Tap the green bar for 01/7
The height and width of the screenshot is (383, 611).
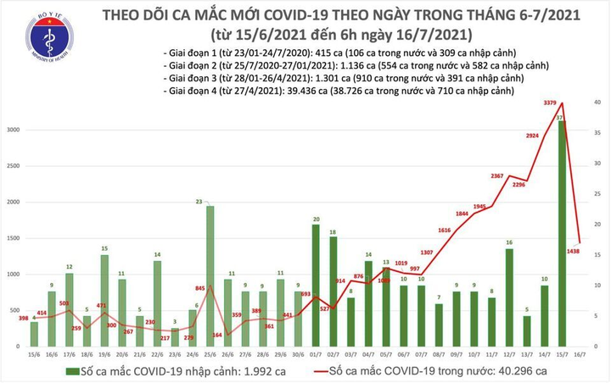pyautogui.click(x=316, y=279)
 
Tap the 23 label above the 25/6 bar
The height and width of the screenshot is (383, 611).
pyautogui.click(x=198, y=201)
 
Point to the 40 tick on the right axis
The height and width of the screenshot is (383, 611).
pyautogui.click(x=597, y=102)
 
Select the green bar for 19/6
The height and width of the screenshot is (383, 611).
pyautogui.click(x=104, y=293)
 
